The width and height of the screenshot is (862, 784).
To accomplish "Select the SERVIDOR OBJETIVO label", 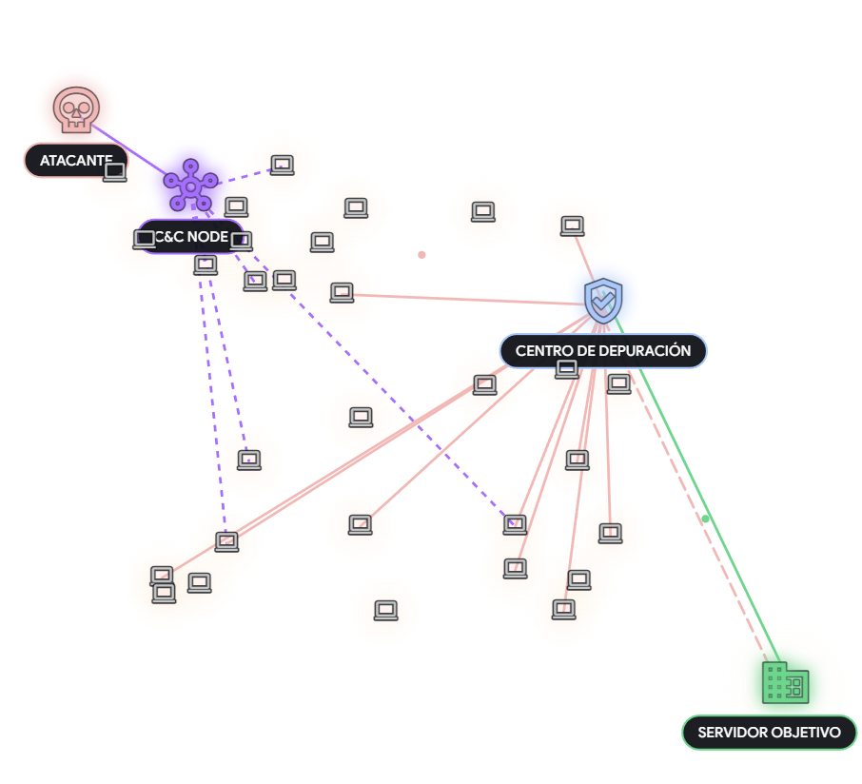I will [x=769, y=733].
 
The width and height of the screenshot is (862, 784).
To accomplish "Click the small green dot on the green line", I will [x=706, y=519].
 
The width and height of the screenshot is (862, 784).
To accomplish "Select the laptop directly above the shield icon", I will [x=572, y=226].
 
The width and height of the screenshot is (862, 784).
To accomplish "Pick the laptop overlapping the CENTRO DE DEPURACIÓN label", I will [x=567, y=369].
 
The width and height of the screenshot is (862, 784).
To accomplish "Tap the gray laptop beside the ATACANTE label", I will [x=115, y=172].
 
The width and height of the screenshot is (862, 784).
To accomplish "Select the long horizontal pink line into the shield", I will [x=466, y=299].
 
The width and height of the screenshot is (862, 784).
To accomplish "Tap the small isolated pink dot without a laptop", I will [x=421, y=255].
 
